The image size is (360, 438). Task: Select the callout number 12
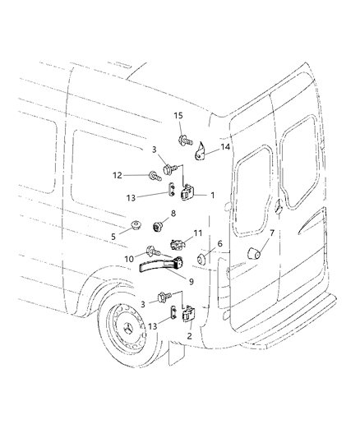(118, 174)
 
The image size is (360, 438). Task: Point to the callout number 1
(212, 196)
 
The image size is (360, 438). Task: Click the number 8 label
(173, 214)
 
